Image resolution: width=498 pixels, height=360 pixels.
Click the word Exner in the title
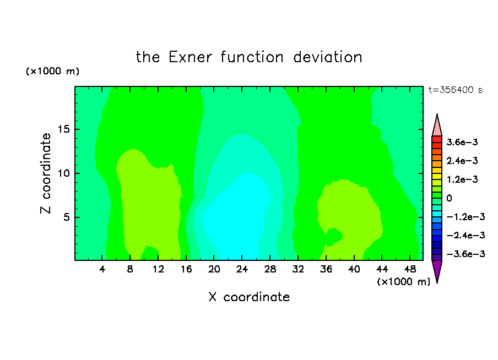click(x=190, y=57)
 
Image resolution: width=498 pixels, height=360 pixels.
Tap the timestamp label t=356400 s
click(x=456, y=90)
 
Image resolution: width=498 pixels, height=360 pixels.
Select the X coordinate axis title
click(x=249, y=297)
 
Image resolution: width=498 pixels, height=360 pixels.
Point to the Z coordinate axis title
click(x=45, y=173)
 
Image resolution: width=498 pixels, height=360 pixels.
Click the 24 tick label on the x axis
click(x=242, y=270)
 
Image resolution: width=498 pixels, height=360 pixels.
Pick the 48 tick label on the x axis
click(x=410, y=270)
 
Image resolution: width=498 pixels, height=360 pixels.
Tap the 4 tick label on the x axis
click(x=102, y=270)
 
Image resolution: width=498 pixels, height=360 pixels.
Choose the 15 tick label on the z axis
click(x=64, y=129)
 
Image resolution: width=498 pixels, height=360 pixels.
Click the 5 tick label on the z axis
click(x=66, y=217)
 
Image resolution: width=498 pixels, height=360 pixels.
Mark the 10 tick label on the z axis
click(x=64, y=173)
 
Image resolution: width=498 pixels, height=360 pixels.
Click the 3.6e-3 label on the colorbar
click(x=462, y=142)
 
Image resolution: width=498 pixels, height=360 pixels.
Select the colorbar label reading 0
click(x=449, y=198)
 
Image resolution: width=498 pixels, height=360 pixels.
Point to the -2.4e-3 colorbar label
click(x=465, y=235)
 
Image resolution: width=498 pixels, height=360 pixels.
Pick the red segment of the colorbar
click(x=437, y=139)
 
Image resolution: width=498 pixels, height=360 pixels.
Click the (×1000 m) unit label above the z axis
click(x=52, y=71)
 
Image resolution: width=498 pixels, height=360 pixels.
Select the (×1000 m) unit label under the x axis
click(x=403, y=282)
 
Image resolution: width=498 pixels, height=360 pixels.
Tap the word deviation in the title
click(x=328, y=57)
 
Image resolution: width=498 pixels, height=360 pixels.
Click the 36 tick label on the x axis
click(x=326, y=270)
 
